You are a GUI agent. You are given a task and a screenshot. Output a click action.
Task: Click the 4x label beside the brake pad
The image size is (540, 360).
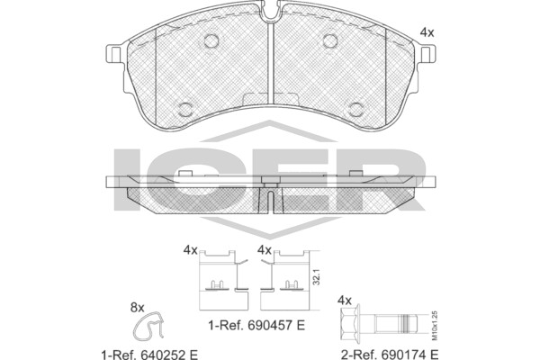(427, 32)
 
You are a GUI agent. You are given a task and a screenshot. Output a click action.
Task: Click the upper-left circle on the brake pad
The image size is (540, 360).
(211, 41)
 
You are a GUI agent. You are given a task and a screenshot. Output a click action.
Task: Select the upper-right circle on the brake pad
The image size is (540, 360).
(330, 41)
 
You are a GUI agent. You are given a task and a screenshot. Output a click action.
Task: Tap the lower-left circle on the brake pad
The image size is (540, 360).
(185, 109)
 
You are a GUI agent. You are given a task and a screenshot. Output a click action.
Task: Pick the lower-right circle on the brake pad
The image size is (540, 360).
(355, 109)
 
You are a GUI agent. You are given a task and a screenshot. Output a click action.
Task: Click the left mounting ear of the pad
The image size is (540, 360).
(115, 54)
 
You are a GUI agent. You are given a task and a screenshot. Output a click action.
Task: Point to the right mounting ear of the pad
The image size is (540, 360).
(427, 54)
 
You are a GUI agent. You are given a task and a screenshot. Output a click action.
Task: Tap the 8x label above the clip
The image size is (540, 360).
(137, 308)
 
